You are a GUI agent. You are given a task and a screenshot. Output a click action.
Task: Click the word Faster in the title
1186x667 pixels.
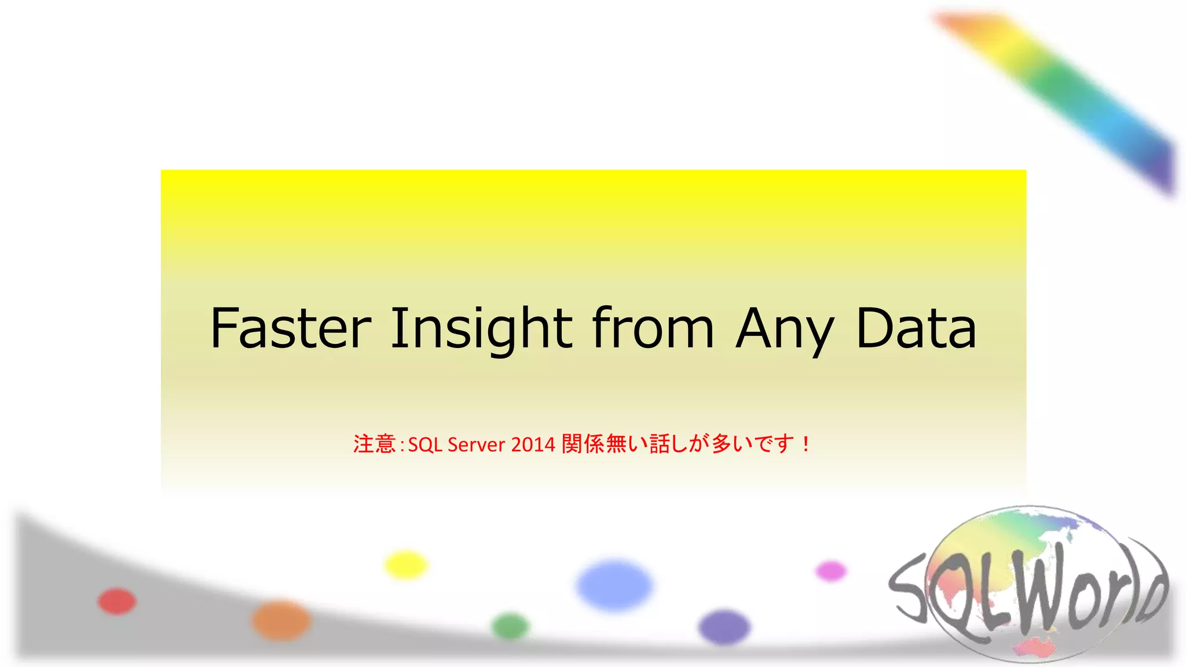tap(290, 329)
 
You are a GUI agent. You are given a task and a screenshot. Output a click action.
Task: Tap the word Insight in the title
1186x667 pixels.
tap(481, 329)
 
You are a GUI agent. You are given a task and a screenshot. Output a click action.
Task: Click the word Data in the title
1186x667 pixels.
tap(916, 329)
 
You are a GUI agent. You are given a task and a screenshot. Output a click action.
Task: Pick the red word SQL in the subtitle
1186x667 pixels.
tap(425, 445)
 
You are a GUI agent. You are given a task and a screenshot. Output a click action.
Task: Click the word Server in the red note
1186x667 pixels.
tap(476, 445)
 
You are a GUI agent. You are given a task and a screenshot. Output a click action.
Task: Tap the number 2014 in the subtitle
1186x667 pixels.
tap(533, 445)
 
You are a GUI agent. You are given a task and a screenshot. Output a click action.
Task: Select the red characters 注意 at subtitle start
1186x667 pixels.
tap(374, 444)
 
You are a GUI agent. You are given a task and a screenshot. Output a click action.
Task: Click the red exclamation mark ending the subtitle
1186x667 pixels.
tap(806, 444)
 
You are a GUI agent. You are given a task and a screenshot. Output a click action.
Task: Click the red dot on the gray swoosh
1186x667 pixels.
tap(117, 601)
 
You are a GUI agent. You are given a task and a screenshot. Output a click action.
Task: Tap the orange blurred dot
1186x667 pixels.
tap(281, 620)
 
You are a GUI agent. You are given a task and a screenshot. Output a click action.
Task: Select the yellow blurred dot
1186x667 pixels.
tap(405, 565)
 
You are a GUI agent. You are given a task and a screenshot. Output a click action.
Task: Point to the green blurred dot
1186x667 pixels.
tap(510, 626)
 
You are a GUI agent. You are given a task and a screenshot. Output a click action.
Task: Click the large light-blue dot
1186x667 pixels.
tap(615, 585)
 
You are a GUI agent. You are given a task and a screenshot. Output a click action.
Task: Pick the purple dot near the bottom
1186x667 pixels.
tap(724, 627)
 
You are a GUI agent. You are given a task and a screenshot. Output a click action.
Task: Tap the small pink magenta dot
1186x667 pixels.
tap(830, 571)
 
